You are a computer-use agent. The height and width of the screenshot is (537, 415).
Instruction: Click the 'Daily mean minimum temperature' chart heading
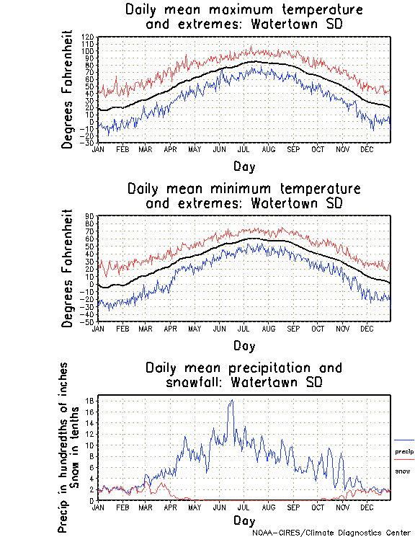click(244, 189)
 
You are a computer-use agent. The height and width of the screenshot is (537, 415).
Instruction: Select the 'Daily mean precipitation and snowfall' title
click(244, 368)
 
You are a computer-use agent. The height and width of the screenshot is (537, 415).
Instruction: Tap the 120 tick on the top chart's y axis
click(88, 36)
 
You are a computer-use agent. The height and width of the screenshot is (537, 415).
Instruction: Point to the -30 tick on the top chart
click(88, 143)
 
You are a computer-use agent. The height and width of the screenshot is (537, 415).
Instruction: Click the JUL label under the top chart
click(244, 149)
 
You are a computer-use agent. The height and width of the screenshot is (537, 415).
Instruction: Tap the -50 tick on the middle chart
click(88, 321)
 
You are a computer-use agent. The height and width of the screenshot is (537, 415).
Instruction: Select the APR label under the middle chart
click(170, 328)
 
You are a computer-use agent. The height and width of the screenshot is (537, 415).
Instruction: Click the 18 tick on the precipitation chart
click(90, 400)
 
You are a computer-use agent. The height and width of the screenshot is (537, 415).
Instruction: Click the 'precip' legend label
click(404, 451)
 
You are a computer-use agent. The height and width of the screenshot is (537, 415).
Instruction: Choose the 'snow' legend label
click(402, 471)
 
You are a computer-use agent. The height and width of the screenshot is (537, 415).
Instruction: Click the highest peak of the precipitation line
click(231, 401)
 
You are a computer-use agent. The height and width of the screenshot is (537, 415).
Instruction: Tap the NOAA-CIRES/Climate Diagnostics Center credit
click(332, 532)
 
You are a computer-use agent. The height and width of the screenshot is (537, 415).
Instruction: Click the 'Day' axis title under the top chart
click(244, 167)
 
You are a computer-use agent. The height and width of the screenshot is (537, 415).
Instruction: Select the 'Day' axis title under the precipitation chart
click(244, 520)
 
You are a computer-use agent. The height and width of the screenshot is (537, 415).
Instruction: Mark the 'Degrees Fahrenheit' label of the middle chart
click(68, 268)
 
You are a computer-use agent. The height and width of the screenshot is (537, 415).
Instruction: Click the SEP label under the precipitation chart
click(293, 507)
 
